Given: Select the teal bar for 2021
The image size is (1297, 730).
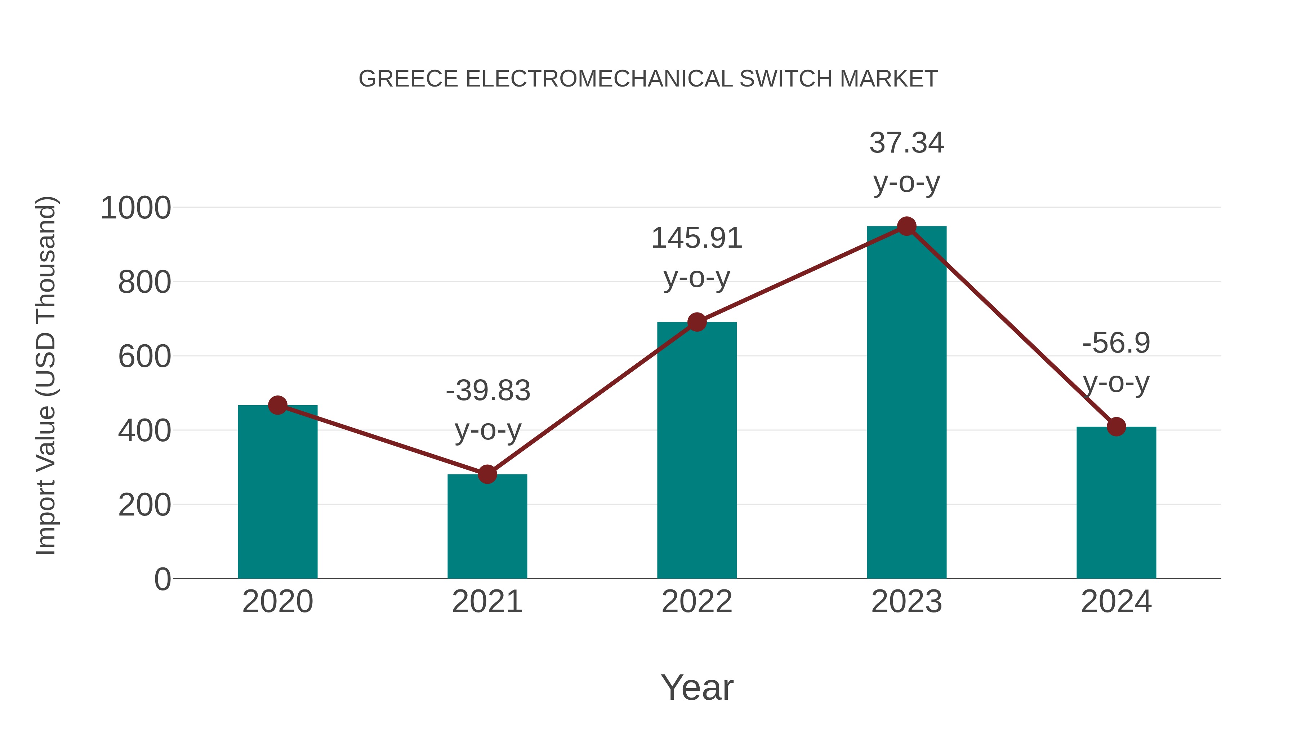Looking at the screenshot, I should click(487, 529).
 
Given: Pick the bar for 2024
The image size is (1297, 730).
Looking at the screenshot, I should click(1116, 504).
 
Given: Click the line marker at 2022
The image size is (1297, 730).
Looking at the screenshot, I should click(697, 322).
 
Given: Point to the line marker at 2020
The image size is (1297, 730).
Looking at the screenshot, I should click(277, 405).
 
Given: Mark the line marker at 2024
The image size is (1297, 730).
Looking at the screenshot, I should click(1116, 427).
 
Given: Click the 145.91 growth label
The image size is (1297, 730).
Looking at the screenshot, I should click(697, 238).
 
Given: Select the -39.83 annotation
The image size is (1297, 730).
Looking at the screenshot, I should click(488, 391).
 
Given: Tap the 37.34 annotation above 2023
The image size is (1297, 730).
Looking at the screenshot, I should click(906, 143).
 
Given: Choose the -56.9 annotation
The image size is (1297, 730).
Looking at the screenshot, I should click(1116, 344).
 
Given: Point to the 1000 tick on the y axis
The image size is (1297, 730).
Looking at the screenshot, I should click(136, 208).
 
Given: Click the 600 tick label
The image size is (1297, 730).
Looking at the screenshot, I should click(144, 357).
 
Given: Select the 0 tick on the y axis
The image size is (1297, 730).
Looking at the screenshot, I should click(162, 579).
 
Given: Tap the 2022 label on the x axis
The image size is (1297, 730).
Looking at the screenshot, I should click(697, 602).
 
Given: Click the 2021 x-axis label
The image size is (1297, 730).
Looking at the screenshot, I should click(487, 602).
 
